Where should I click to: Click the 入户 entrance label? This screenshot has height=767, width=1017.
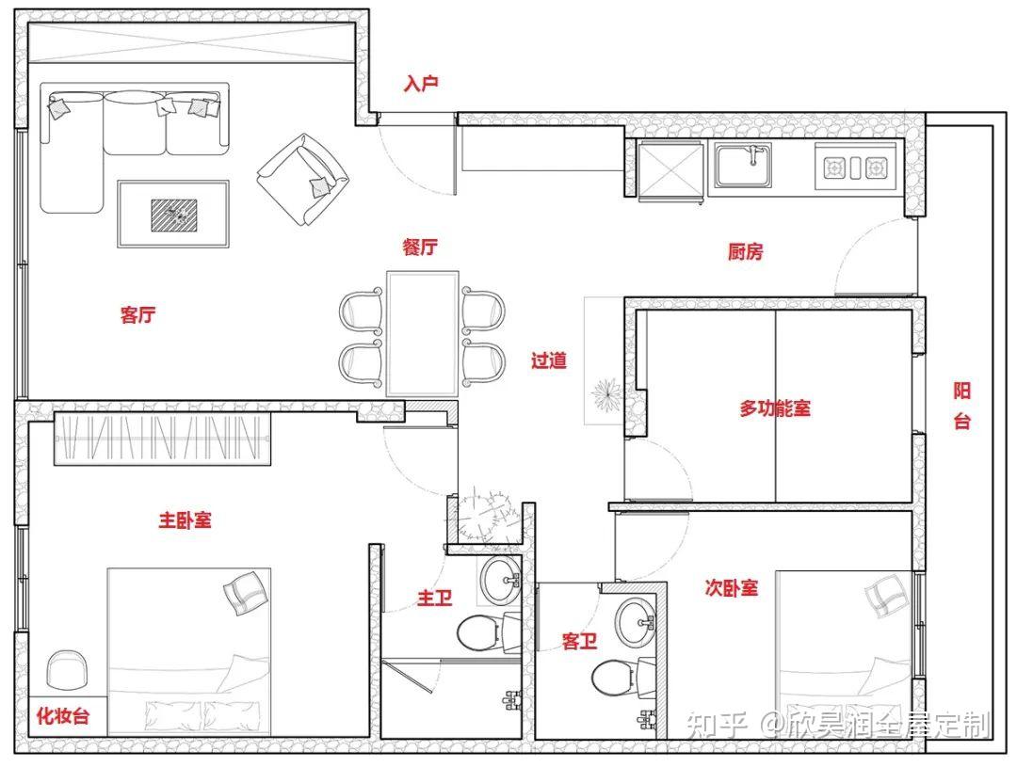[421, 84]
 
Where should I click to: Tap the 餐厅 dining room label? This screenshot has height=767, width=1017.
[420, 247]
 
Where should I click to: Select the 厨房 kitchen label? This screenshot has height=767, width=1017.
[745, 251]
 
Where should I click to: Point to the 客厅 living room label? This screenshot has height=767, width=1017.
[137, 315]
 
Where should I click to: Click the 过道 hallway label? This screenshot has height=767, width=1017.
[549, 360]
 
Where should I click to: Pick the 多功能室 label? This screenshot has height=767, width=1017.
[775, 408]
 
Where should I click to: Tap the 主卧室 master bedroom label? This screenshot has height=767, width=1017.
[185, 520]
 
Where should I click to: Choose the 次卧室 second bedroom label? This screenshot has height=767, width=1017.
[731, 588]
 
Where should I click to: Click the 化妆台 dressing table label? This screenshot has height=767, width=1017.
[63, 716]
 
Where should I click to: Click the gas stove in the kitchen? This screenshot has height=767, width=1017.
[855, 168]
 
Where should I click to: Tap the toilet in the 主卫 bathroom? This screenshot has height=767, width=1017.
[484, 632]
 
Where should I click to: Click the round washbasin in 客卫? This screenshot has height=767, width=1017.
[634, 621]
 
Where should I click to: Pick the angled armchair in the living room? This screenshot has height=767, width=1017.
[301, 179]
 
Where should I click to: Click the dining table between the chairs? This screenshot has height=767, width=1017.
[422, 333]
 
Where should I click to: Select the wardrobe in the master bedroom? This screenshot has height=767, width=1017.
[162, 439]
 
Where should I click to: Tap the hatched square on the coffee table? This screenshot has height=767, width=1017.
[174, 215]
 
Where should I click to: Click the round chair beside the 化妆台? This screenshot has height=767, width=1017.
[67, 671]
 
